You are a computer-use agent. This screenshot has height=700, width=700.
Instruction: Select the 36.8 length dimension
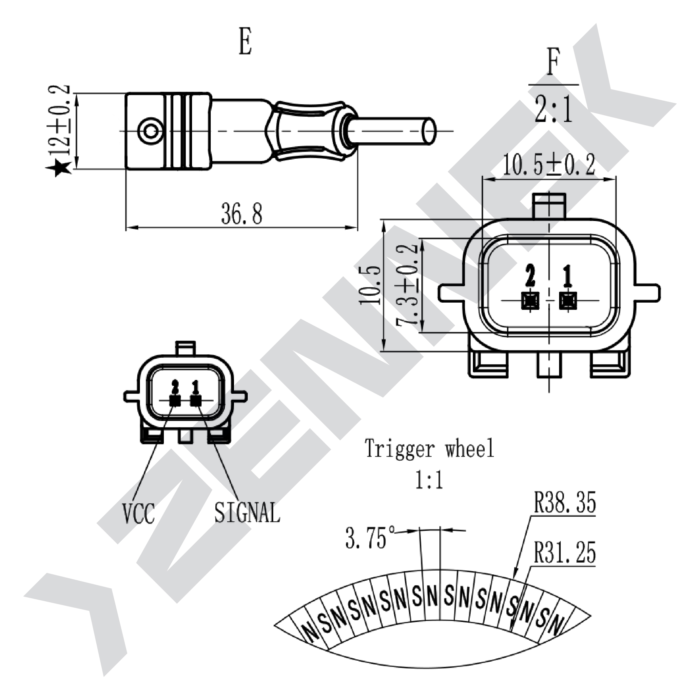(242, 214)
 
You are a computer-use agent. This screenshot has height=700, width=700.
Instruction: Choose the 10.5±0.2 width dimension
(549, 165)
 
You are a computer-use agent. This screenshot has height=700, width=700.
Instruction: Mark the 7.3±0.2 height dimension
(407, 285)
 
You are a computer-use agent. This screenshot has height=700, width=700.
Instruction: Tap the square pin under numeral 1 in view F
(568, 301)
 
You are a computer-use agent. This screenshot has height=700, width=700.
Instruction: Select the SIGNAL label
(247, 512)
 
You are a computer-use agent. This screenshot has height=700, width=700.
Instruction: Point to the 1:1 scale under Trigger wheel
(429, 480)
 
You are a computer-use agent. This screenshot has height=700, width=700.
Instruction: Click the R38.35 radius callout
(565, 502)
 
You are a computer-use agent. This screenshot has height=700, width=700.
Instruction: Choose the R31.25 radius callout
(565, 552)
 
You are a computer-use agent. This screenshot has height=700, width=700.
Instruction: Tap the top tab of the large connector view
(549, 206)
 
